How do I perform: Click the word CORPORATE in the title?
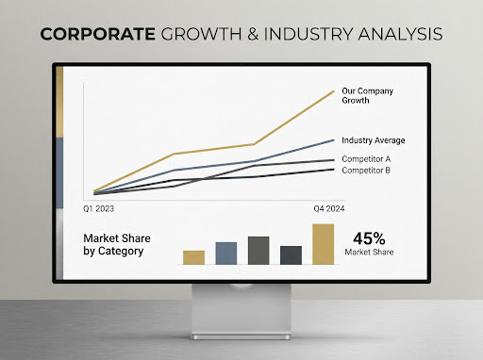pos(98,34)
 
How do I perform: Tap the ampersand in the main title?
pos(253,34)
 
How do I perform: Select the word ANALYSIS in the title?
pos(400,34)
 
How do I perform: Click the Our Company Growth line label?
pos(367,95)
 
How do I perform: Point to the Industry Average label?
pos(374,140)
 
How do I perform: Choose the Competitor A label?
pos(366,159)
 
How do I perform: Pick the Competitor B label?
pos(366,171)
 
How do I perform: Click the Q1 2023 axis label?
pos(98,208)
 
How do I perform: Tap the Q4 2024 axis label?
pos(329,208)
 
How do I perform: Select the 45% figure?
pos(369,238)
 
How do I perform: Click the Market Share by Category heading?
pos(117,245)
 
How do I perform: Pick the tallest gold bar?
pos(324,244)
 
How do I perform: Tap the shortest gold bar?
pos(193,257)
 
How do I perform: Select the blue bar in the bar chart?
pos(226,254)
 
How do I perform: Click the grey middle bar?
pos(258,251)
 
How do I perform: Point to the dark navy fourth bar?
pos(291,255)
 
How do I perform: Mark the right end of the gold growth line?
pos(334,91)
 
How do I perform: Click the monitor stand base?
pos(241,336)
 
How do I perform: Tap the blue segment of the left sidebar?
pos(59,172)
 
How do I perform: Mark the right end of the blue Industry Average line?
pos(334,140)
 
